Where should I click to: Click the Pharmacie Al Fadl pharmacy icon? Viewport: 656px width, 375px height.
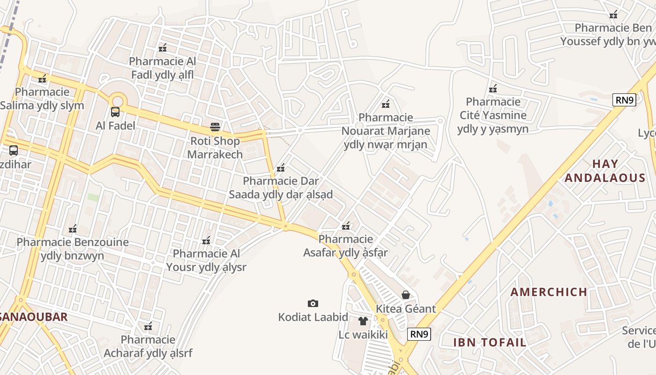[163, 48]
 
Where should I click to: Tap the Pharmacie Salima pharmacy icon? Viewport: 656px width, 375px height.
[43, 79]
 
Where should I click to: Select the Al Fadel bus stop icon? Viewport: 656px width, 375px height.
[115, 112]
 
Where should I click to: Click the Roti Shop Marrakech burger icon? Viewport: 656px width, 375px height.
[215, 127]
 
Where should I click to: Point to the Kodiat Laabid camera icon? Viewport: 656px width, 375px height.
[313, 304]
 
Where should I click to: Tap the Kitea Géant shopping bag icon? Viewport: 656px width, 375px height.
[406, 295]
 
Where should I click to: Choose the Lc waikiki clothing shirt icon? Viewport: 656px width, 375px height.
[363, 321]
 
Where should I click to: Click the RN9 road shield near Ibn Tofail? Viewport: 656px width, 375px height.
[419, 334]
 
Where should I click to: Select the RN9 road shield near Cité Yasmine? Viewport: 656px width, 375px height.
[624, 100]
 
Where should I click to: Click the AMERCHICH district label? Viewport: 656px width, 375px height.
[549, 292]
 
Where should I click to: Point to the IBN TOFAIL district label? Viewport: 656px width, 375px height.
[490, 342]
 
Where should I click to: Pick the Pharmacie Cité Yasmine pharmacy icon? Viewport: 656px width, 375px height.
[493, 89]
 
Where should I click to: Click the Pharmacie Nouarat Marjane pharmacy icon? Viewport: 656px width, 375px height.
[386, 104]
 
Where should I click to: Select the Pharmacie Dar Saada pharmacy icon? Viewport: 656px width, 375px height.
[281, 168]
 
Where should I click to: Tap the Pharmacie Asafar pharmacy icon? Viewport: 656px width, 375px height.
[346, 226]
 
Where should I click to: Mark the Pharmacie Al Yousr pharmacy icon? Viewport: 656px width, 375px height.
[206, 241]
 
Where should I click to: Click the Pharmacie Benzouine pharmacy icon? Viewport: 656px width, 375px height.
[73, 229]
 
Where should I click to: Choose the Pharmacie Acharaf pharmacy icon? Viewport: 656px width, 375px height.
[148, 326]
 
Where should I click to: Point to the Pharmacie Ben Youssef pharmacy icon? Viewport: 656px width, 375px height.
[613, 15]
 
